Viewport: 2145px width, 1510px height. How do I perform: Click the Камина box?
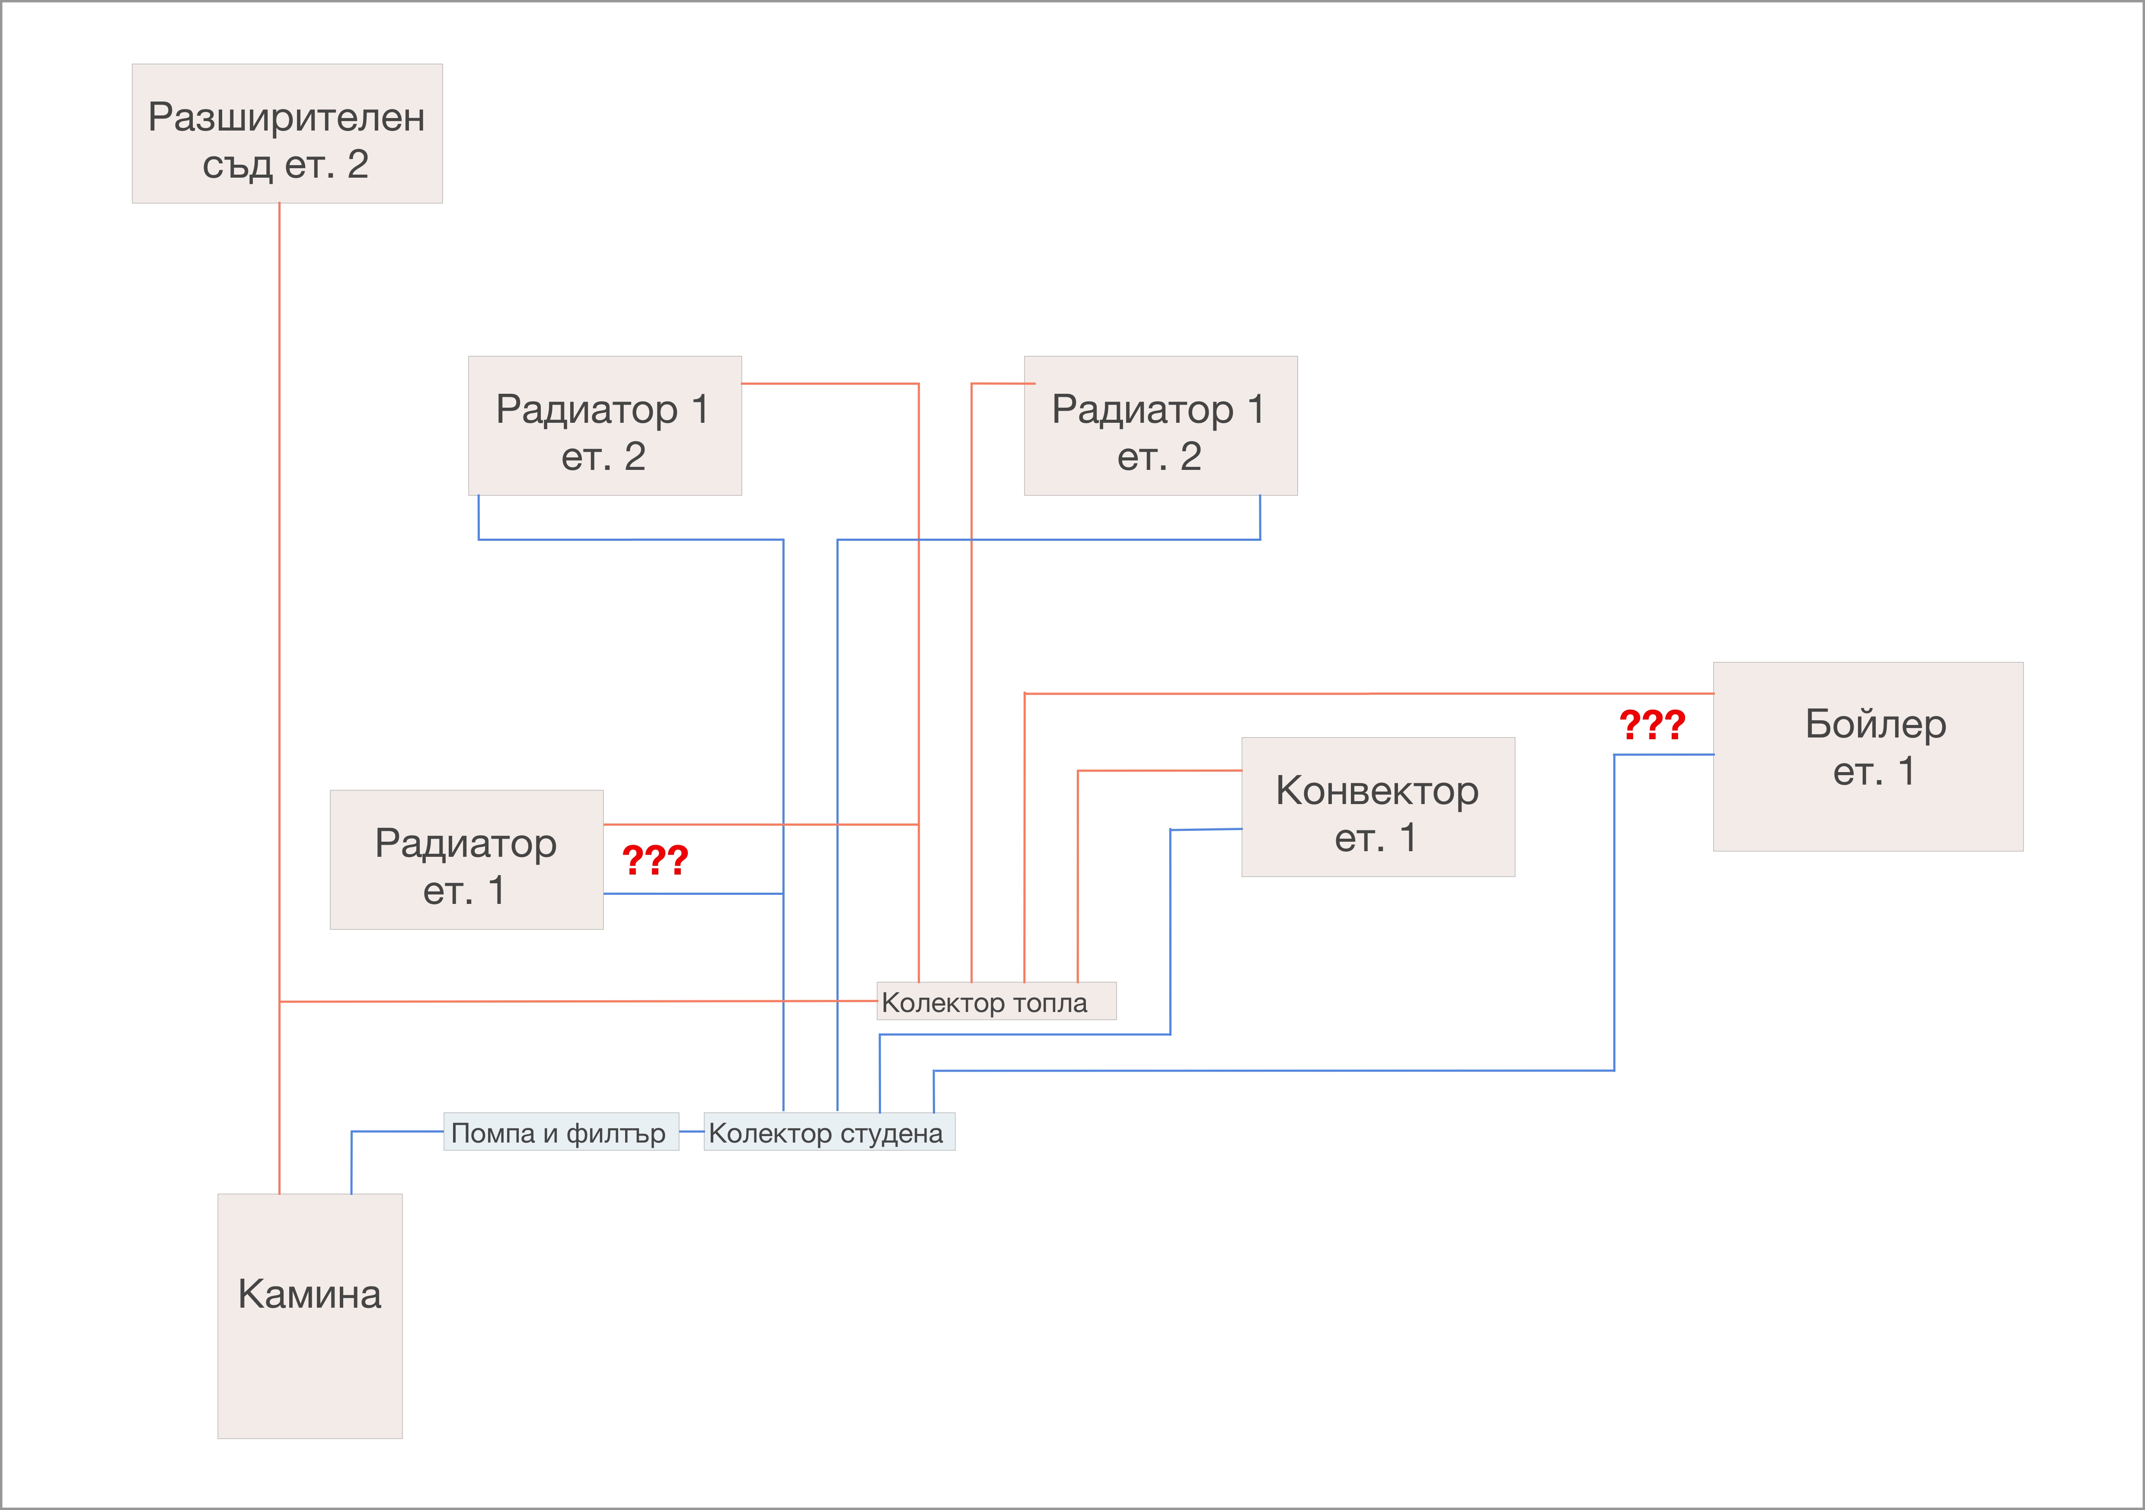(310, 1315)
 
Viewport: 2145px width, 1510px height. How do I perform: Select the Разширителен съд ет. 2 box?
(287, 134)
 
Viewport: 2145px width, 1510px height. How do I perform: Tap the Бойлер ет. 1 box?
(1868, 757)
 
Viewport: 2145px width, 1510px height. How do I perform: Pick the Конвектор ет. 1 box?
(1378, 808)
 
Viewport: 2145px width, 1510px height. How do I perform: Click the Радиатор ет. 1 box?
(466, 860)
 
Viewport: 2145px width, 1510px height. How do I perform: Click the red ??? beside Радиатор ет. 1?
(655, 860)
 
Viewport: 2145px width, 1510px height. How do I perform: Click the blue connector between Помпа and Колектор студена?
(691, 1132)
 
